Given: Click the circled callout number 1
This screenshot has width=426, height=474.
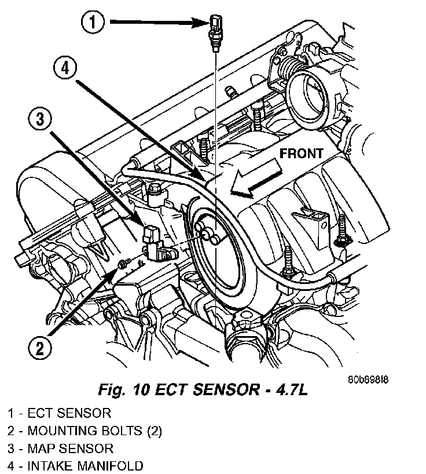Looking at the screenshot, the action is point(93,22).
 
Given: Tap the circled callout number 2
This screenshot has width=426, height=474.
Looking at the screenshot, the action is point(40,348).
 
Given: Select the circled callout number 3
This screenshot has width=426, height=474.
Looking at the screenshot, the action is point(40,119).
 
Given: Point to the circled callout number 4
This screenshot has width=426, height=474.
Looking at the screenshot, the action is point(65,68).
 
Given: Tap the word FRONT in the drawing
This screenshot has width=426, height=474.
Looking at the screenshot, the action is point(302,154).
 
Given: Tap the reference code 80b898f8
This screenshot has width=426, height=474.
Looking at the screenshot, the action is point(368,379).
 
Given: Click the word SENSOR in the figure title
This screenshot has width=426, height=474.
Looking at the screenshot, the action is point(226,389).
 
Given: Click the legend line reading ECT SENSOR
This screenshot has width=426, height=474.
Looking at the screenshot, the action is point(60,413).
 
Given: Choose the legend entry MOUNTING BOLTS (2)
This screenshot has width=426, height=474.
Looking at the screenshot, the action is point(85,431).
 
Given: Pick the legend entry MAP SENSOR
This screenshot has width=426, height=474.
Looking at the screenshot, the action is point(61,449).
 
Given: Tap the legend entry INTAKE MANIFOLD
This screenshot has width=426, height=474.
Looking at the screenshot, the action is point(75,466).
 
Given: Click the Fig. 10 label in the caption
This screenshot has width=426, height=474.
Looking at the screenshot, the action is point(124,389).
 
